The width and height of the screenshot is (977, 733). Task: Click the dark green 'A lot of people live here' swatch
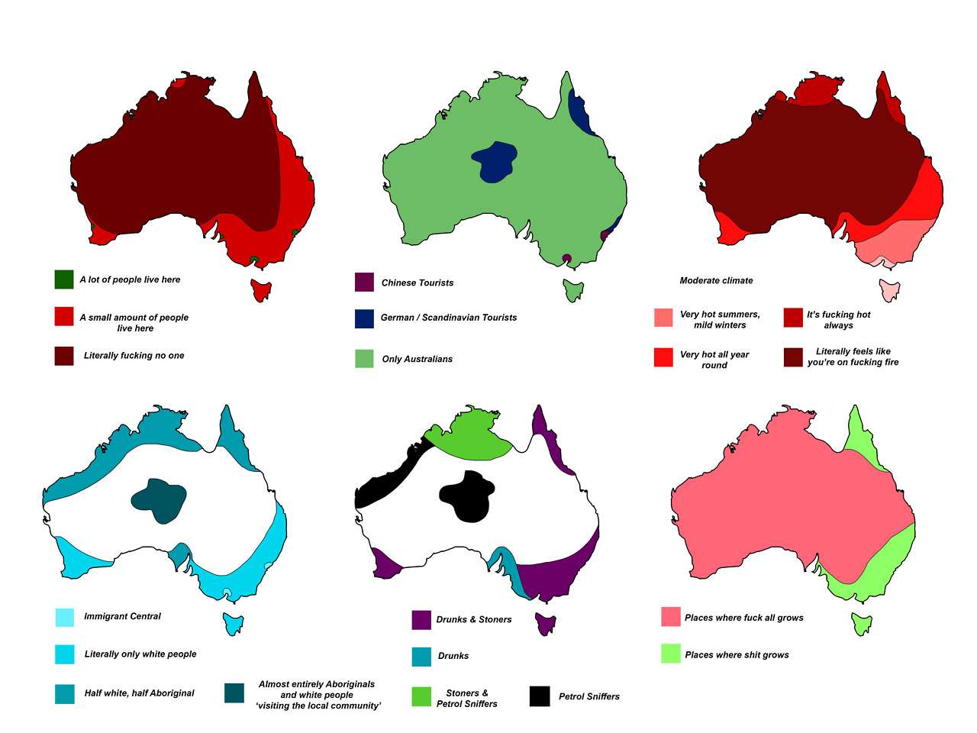(x=64, y=279)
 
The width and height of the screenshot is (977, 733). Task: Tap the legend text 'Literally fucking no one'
(x=134, y=356)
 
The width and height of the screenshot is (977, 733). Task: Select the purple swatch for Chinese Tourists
(x=364, y=283)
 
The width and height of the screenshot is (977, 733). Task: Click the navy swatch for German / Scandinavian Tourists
(x=364, y=318)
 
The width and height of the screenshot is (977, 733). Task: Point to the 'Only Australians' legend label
(x=417, y=359)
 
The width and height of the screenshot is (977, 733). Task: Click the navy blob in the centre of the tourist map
(x=493, y=161)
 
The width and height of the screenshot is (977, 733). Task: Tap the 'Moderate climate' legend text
(x=716, y=281)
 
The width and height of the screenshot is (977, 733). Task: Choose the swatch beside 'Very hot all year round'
(x=663, y=357)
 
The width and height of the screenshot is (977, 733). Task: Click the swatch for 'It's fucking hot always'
(x=793, y=318)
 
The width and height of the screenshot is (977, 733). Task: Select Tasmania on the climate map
(x=889, y=290)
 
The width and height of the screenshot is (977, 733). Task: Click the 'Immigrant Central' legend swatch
(x=65, y=617)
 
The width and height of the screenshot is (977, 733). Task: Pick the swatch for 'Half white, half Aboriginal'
(x=65, y=693)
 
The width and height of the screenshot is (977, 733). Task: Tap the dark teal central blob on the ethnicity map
(x=159, y=500)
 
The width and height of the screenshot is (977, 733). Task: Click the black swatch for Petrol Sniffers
(x=539, y=696)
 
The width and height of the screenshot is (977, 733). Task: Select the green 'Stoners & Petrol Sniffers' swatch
(x=421, y=696)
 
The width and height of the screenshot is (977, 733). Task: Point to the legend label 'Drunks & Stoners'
(x=473, y=620)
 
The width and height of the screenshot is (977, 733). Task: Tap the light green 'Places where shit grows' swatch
(x=670, y=654)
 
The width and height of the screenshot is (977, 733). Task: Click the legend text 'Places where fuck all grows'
(x=743, y=618)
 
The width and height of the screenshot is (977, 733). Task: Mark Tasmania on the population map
(x=261, y=290)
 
